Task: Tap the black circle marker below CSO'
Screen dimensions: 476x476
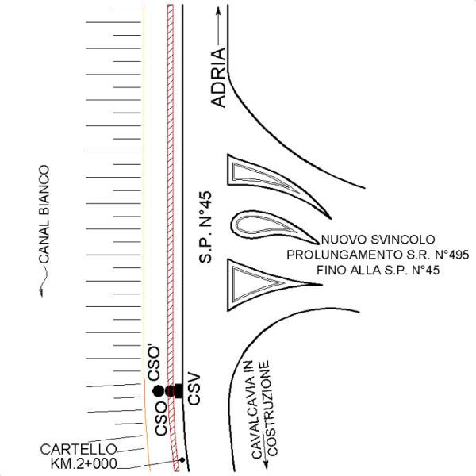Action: (158, 391)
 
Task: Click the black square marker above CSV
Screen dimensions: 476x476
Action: (178, 390)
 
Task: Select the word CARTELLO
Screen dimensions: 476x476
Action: (79, 450)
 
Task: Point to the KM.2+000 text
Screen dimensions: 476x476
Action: (83, 463)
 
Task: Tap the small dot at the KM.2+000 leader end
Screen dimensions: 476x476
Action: (183, 460)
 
